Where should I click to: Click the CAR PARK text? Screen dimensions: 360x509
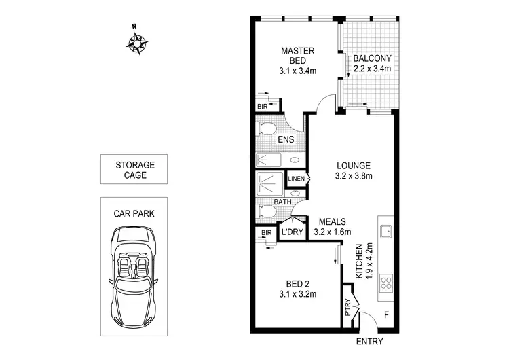pos(134,213)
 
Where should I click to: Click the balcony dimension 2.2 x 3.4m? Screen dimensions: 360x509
pos(372,68)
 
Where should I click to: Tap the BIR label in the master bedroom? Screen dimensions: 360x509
pos(263,107)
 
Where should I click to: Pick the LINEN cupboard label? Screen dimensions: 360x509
pos(297,179)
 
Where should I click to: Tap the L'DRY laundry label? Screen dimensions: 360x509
pos(292,232)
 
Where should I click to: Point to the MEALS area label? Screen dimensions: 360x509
pos(333,221)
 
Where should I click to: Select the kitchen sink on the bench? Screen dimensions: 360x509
pos(386,230)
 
